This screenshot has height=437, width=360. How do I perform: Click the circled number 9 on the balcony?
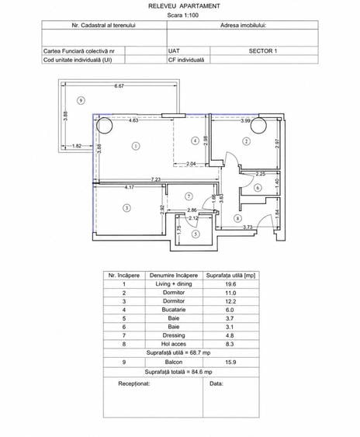[x=81, y=100]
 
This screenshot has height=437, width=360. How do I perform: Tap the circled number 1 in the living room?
[x=136, y=146]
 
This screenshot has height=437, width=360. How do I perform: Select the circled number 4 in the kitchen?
[x=195, y=141]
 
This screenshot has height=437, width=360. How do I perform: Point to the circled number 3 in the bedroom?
[x=126, y=208]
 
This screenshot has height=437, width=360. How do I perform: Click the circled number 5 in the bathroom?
[x=196, y=234]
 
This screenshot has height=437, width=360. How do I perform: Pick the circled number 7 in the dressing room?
[x=189, y=196]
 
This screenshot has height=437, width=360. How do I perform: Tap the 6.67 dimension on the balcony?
[x=119, y=86]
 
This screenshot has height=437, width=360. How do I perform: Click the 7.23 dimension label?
[x=156, y=179]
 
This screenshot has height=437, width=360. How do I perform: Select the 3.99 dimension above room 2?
[x=245, y=120]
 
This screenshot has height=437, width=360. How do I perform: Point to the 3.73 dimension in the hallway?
[x=247, y=227]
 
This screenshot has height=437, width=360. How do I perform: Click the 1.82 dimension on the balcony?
[x=77, y=146]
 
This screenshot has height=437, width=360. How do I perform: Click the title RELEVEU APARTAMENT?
[x=184, y=6]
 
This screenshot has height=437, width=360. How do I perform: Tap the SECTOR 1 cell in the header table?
[x=263, y=51]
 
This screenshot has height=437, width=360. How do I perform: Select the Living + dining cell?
[x=174, y=284]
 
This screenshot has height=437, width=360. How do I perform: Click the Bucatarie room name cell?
[x=174, y=310]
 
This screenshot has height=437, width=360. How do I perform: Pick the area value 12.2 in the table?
[x=230, y=301]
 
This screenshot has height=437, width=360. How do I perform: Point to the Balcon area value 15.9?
[x=230, y=362]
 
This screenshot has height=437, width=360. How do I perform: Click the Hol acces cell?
[x=174, y=344]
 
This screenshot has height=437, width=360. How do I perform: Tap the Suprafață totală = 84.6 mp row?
[x=178, y=372]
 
